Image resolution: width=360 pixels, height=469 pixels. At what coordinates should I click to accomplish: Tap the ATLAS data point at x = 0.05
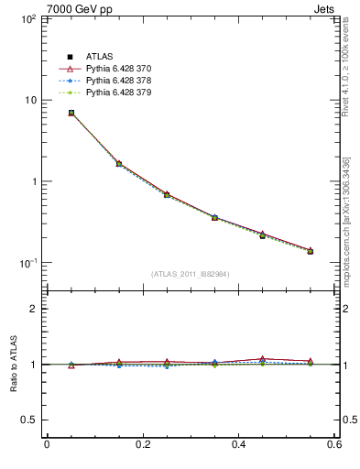71,113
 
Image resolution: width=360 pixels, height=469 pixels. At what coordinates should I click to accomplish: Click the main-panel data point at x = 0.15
119,164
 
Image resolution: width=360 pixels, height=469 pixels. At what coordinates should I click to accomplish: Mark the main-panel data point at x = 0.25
167,194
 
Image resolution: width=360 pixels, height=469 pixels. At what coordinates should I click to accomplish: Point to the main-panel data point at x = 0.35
214,217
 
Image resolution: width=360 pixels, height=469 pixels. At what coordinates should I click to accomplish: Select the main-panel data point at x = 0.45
262,235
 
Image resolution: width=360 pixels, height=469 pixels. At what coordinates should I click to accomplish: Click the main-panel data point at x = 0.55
310,251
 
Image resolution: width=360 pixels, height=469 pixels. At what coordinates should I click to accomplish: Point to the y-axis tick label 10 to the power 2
27,18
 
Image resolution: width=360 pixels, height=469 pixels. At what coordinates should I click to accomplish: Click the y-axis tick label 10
29,100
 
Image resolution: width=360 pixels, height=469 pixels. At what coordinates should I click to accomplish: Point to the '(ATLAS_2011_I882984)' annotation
191,274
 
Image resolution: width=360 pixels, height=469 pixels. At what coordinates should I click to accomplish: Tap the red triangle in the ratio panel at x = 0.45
262,359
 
